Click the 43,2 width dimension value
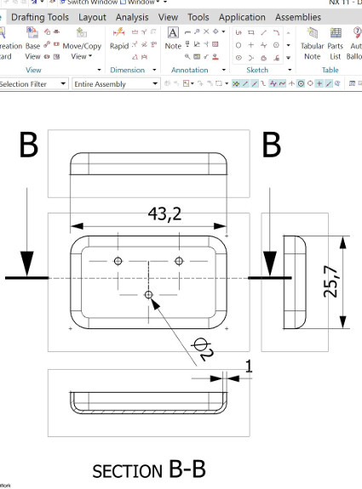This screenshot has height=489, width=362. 164,213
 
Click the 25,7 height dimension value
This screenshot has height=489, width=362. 331,281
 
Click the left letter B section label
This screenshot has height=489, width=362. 27,145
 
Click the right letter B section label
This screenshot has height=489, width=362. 271,145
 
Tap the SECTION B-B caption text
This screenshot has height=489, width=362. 148,469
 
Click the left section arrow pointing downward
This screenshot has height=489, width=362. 27,255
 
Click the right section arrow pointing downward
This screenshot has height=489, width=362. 270,255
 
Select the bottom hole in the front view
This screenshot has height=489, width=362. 148,294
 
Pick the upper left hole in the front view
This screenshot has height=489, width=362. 118,259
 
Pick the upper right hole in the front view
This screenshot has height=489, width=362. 179,259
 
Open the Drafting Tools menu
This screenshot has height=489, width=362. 40,17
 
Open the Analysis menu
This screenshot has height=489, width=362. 131,17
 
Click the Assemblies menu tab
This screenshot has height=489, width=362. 297,17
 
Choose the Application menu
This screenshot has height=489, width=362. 242,17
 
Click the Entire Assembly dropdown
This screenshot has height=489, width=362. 115,84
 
